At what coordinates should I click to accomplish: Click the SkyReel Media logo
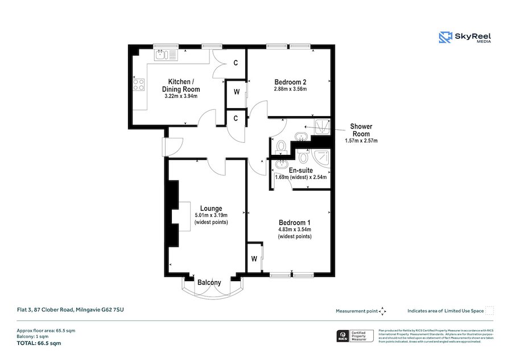tap(465, 38)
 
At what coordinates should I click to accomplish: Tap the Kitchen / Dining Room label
tap(183, 85)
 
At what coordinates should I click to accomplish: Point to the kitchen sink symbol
tap(167, 55)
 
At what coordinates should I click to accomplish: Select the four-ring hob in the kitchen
tap(138, 85)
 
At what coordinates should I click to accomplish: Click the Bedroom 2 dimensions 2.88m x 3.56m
tap(290, 89)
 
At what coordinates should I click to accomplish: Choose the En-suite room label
tap(301, 170)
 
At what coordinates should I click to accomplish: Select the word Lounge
tap(210, 208)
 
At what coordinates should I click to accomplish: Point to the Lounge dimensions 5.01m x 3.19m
tap(211, 215)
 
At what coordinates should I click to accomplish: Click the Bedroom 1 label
tap(294, 222)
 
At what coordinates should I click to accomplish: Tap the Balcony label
tap(209, 282)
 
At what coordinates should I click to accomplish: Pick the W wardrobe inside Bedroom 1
tap(254, 260)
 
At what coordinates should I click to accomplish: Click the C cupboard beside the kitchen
tap(236, 63)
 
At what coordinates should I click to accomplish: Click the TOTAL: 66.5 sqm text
tap(38, 343)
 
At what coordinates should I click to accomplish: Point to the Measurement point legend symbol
tap(383, 311)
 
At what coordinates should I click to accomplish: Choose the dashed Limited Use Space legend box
tap(490, 310)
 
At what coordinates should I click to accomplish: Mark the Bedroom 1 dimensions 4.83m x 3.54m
tap(294, 229)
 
